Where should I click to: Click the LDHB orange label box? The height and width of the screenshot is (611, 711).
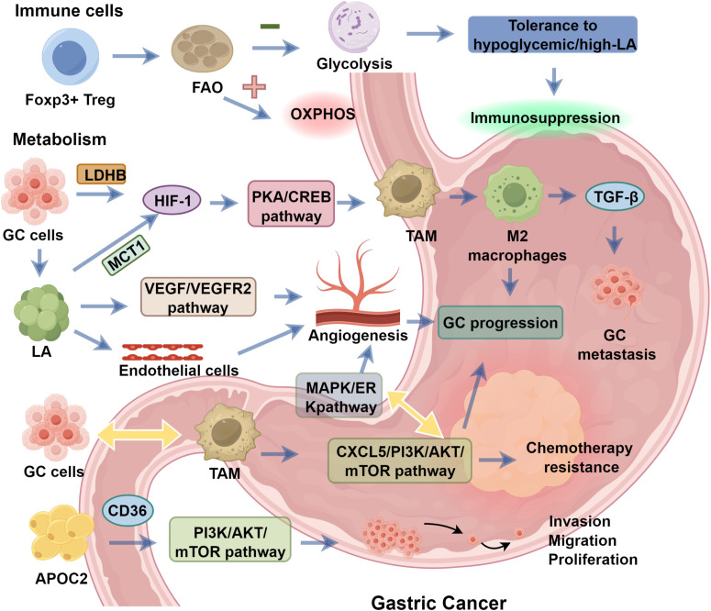point(101,174)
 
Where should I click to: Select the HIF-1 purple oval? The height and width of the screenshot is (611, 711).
point(172,200)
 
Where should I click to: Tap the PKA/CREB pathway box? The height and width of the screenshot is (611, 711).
point(291,204)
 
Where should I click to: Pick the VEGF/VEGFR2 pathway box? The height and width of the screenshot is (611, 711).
point(198,296)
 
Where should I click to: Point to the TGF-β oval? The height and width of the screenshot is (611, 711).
point(615,197)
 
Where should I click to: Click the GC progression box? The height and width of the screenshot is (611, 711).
point(500,323)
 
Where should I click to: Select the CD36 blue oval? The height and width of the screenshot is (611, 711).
point(128,510)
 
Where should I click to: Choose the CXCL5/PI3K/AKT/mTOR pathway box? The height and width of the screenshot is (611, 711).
point(399,461)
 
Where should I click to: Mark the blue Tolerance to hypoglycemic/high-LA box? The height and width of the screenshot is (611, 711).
point(553,35)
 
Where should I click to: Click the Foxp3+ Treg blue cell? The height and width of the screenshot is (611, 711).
point(71,58)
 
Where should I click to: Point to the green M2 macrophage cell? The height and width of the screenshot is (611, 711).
point(514,195)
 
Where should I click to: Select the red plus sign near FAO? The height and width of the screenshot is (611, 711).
point(254,86)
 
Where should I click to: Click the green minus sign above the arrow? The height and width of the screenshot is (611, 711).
point(270,27)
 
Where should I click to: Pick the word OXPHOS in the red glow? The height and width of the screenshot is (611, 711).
point(322,114)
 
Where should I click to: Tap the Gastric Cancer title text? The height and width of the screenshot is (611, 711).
point(439,603)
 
